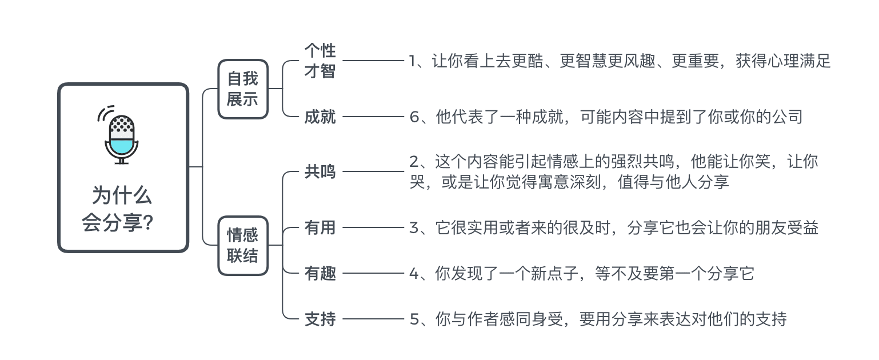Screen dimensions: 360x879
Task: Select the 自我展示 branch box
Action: click(243, 89)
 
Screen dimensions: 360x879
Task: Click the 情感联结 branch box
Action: click(243, 246)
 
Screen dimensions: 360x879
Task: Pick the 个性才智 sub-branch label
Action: click(320, 61)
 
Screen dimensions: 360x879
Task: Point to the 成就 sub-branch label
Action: click(320, 117)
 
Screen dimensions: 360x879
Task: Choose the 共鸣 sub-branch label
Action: click(320, 172)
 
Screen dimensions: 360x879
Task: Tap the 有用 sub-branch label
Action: click(320, 228)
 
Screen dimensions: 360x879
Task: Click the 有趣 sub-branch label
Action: click(320, 274)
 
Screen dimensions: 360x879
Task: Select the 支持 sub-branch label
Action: click(320, 319)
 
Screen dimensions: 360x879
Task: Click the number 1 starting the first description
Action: click(414, 61)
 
